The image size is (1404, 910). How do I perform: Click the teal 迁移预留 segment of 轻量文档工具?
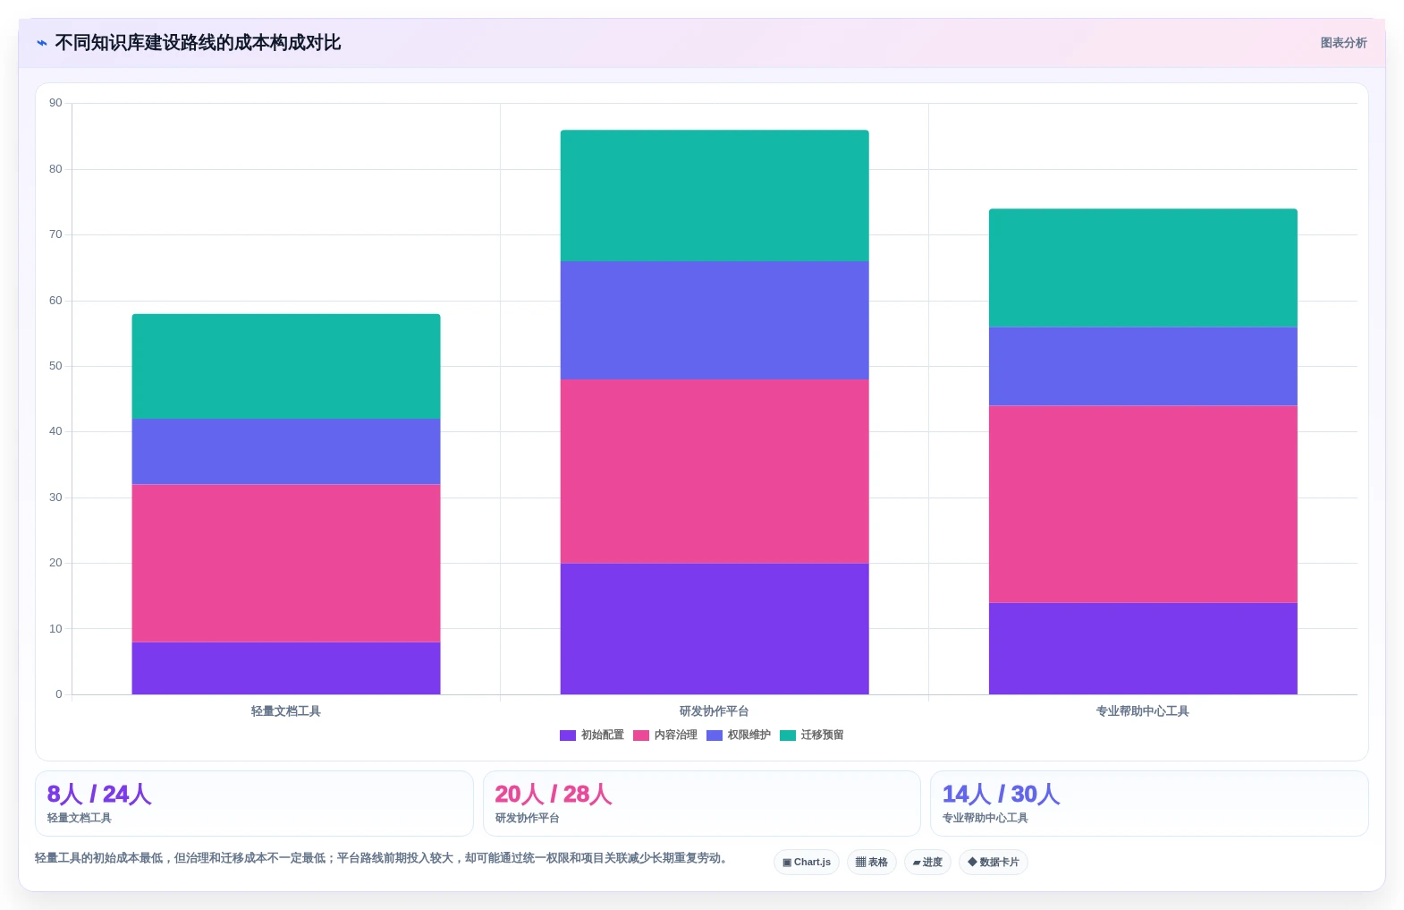[286, 366]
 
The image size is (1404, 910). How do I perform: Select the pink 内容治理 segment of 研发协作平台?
[715, 471]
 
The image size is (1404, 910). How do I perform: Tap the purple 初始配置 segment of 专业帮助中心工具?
[1143, 649]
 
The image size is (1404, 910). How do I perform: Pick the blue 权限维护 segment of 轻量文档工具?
[286, 452]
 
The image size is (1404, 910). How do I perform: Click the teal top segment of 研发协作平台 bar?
[715, 196]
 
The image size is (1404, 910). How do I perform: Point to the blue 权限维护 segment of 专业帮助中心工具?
[1143, 366]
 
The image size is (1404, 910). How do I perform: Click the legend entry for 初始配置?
[592, 735]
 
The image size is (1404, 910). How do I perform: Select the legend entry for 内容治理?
[665, 735]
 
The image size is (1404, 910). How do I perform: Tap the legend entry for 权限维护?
[739, 735]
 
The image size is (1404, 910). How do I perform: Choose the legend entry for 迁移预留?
[812, 735]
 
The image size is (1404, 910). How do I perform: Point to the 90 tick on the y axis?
[55, 103]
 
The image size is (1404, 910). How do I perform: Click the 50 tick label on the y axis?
[55, 366]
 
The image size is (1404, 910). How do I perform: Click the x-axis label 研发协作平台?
[714, 711]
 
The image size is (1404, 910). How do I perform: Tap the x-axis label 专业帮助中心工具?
[1142, 711]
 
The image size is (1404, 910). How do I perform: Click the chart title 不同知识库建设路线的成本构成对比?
[198, 43]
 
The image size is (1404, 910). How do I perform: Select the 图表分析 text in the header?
[1343, 43]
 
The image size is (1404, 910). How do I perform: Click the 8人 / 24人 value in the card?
[99, 794]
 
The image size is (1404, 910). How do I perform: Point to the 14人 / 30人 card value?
[1001, 794]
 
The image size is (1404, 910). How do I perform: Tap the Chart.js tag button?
[806, 862]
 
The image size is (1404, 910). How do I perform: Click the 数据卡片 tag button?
[993, 862]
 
